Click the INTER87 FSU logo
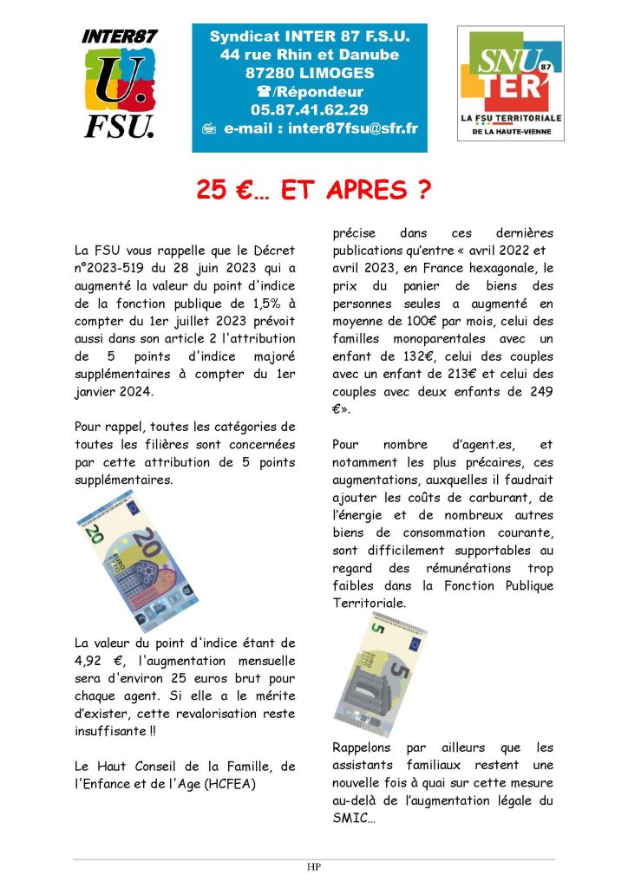[x=119, y=83]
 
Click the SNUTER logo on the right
[x=510, y=83]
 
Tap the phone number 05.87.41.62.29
[x=310, y=110]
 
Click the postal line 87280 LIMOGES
[x=310, y=74]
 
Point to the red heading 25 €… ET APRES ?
[x=313, y=191]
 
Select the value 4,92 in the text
[x=89, y=661]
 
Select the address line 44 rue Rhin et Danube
[x=310, y=55]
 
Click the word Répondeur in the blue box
[x=321, y=92]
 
